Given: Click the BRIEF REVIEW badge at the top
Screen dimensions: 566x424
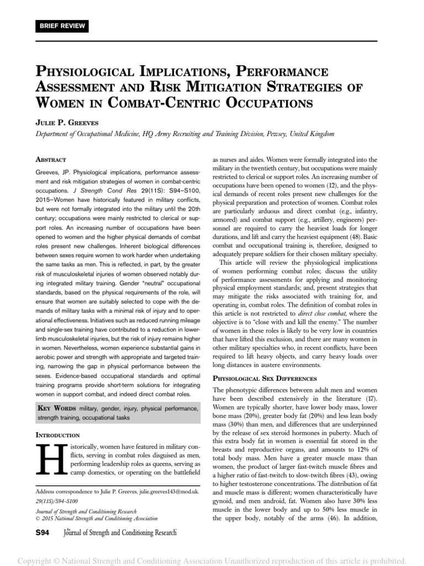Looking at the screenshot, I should point(60,26).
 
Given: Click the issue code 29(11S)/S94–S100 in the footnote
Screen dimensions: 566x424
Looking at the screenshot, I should point(62,501).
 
